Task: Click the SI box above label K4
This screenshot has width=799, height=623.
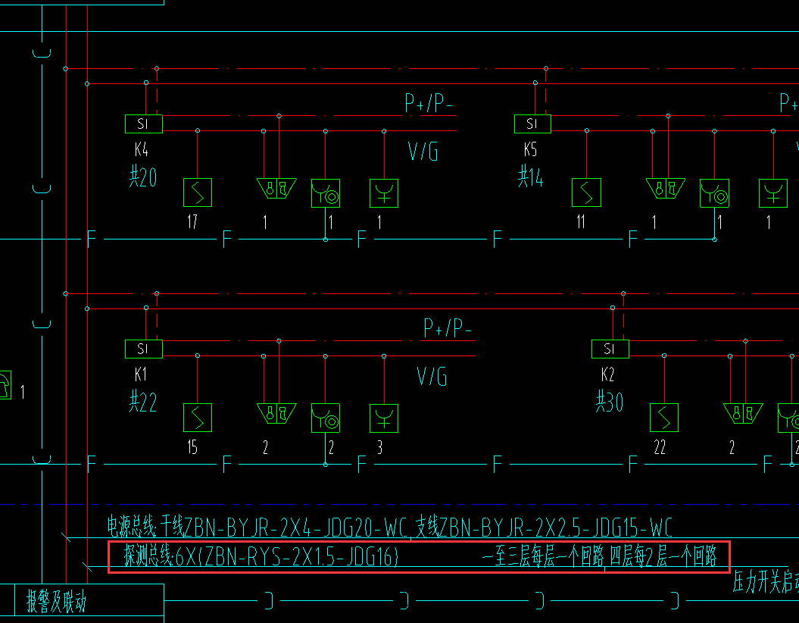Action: (x=143, y=124)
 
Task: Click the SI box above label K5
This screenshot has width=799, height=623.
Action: (x=532, y=124)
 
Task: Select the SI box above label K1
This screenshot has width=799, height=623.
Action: (x=143, y=349)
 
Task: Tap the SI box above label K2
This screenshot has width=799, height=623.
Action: (x=610, y=349)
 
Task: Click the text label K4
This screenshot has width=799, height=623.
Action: (x=140, y=149)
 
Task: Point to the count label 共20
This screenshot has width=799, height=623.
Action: (x=142, y=178)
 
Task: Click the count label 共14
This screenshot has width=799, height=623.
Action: (x=531, y=178)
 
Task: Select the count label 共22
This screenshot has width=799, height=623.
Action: (x=142, y=402)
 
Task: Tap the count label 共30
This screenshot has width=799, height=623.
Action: (x=609, y=402)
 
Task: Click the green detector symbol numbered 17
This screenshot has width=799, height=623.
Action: (x=198, y=193)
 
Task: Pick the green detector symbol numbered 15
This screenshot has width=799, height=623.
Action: (x=198, y=418)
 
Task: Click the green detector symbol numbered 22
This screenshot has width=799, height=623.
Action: (x=663, y=418)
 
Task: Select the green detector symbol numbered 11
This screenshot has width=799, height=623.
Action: (x=585, y=193)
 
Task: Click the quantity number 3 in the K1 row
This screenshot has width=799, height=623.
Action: (x=380, y=447)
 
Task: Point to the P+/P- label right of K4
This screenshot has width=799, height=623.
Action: (x=429, y=104)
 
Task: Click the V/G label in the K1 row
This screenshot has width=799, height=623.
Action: (x=432, y=376)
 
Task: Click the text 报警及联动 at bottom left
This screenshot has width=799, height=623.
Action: (x=57, y=602)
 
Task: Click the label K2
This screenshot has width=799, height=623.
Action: (x=607, y=374)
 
